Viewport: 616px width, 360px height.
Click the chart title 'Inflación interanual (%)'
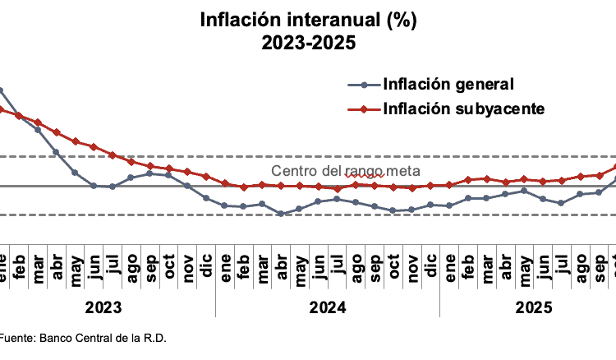point(308,20)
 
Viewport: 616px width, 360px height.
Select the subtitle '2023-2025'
point(308,43)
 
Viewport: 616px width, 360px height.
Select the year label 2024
point(327,307)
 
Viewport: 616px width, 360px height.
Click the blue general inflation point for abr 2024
point(281,214)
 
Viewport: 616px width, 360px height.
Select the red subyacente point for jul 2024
point(337,189)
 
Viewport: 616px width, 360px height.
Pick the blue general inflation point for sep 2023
point(149,173)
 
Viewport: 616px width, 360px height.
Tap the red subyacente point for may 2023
point(75,141)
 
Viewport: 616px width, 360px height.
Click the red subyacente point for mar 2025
point(486,178)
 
